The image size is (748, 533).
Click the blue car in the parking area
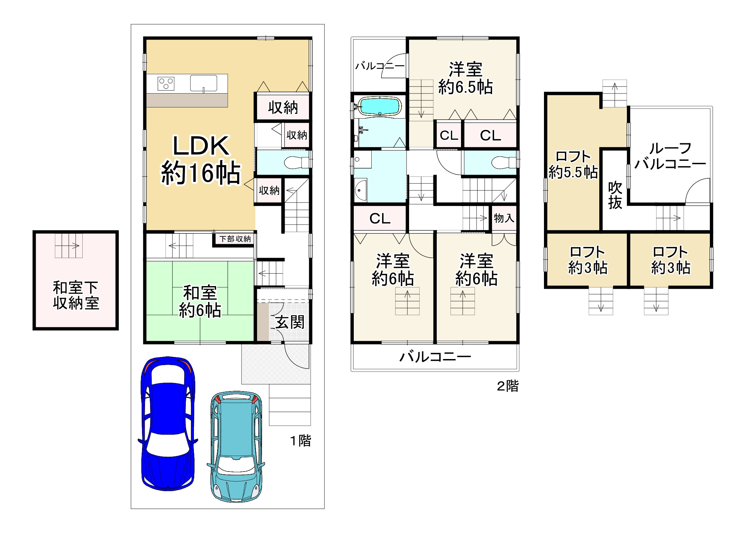pyautogui.click(x=168, y=424)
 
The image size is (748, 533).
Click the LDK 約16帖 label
pyautogui.click(x=201, y=160)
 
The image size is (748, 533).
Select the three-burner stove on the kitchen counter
pyautogui.click(x=166, y=83)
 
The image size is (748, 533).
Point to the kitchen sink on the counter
pyautogui.click(x=203, y=83)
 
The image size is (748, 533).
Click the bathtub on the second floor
pyautogui.click(x=379, y=106)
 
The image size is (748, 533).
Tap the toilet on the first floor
pyautogui.click(x=296, y=162)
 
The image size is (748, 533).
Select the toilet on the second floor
pyautogui.click(x=503, y=162)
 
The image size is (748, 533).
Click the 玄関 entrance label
pyautogui.click(x=290, y=322)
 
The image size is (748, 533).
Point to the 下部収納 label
pyautogui.click(x=235, y=239)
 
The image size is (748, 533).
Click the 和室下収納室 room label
pyautogui.click(x=76, y=295)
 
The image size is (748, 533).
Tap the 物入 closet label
pyautogui.click(x=504, y=218)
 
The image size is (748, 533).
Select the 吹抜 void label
pyautogui.click(x=615, y=195)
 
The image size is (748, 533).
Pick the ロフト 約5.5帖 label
pyautogui.click(x=573, y=164)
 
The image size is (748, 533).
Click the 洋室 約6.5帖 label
pyautogui.click(x=465, y=78)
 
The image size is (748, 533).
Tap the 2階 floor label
pyautogui.click(x=508, y=386)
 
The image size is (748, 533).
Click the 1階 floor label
pyautogui.click(x=300, y=441)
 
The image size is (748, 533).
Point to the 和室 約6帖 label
pyautogui.click(x=200, y=301)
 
